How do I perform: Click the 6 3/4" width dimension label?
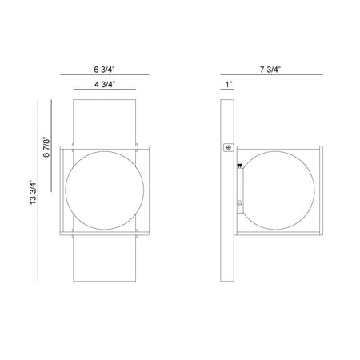[x=104, y=70]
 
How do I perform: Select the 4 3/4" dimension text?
[x=105, y=84]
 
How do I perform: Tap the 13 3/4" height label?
[x=33, y=193]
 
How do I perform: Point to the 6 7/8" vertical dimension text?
[x=46, y=147]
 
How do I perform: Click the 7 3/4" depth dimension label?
[x=270, y=70]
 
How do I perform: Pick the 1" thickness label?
[x=229, y=85]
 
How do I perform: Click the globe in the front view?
[x=105, y=190]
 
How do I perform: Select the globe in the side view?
[x=279, y=190]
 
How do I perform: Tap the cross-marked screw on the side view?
[x=229, y=147]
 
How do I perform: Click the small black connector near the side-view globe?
[x=239, y=166]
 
